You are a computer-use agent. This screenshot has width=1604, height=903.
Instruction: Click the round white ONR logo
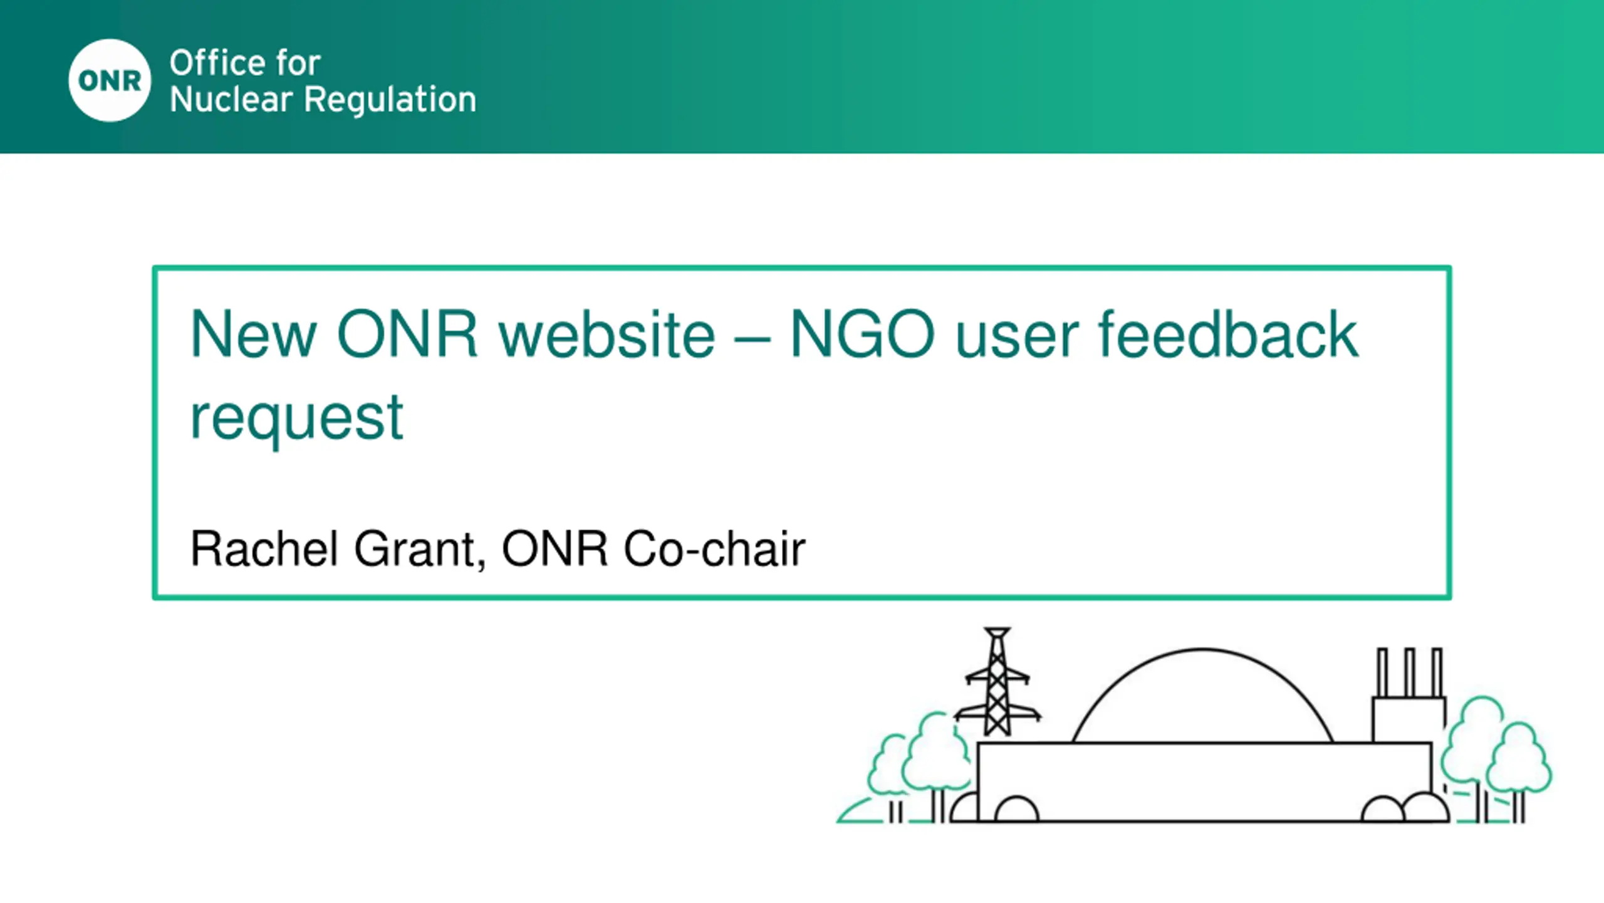tap(110, 80)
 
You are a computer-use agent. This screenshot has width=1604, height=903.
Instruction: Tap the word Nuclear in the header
tap(231, 100)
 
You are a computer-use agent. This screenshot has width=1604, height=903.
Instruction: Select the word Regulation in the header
tap(390, 100)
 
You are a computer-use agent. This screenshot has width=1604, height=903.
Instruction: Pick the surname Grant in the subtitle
tap(420, 550)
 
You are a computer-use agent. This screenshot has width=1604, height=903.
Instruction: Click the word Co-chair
tap(714, 549)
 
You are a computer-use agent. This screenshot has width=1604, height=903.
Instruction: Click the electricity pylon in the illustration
tap(997, 682)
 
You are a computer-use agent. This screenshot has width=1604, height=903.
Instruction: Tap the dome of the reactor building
tap(1202, 650)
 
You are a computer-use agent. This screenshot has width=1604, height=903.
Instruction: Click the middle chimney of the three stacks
tap(1410, 672)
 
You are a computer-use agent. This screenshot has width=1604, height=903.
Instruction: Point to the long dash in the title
tap(751, 341)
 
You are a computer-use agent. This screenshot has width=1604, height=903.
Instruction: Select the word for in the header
tap(298, 63)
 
